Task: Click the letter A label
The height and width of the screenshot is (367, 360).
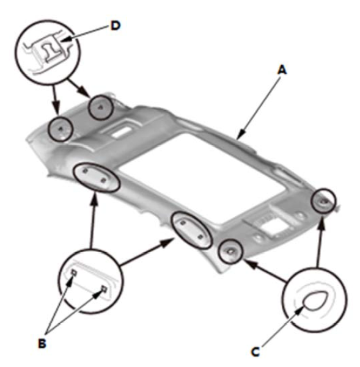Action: click(x=282, y=70)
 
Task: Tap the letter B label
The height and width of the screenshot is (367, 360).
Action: click(x=42, y=343)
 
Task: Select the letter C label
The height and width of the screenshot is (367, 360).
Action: click(x=255, y=352)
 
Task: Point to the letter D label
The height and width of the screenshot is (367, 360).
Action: click(x=116, y=26)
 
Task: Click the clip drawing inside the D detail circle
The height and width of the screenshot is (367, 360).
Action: click(x=50, y=50)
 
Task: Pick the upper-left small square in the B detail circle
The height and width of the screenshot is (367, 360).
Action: click(x=74, y=272)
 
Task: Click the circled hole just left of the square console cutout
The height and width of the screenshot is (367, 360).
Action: click(x=230, y=252)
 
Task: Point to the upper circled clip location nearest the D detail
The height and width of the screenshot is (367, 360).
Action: click(x=101, y=107)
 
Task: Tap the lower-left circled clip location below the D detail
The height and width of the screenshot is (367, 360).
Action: click(x=61, y=129)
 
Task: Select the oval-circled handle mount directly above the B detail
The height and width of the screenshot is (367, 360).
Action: click(x=97, y=178)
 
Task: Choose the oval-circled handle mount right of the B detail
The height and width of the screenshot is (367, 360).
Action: click(x=191, y=230)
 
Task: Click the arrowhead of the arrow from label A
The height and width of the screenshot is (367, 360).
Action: click(x=240, y=135)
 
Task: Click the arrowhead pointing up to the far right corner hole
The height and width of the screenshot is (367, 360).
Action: click(x=323, y=221)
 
